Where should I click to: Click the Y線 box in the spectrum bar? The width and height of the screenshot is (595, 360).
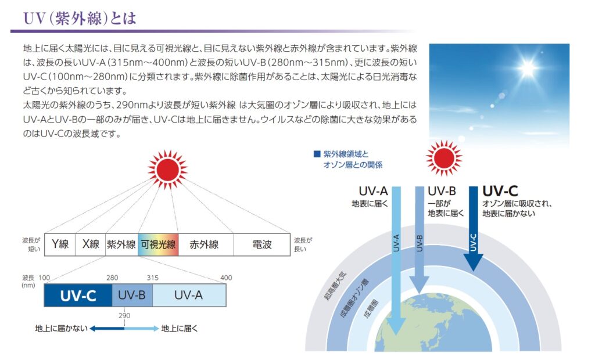(x=60, y=244)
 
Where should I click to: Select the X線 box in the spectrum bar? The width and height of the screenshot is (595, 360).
(x=90, y=244)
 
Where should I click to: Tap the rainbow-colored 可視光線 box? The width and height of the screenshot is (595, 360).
(x=158, y=244)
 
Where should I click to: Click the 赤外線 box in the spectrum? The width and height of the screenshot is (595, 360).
(x=206, y=244)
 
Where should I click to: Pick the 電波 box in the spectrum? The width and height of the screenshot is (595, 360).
(x=262, y=244)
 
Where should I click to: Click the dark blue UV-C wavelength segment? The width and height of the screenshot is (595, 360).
(x=78, y=295)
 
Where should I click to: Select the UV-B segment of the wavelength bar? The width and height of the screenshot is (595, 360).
(x=132, y=295)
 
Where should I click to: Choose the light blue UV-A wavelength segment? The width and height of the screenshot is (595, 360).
(x=189, y=295)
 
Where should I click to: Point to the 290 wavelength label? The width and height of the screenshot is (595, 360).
(x=124, y=316)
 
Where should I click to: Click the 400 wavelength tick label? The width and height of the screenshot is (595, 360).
(x=226, y=278)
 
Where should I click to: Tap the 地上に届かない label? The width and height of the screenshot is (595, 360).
(x=61, y=329)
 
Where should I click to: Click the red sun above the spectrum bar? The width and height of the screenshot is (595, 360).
(x=167, y=170)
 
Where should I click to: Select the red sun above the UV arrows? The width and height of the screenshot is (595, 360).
(x=443, y=158)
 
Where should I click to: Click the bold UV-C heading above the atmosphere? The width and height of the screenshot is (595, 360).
(x=500, y=191)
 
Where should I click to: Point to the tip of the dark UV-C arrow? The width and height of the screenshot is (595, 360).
(x=473, y=271)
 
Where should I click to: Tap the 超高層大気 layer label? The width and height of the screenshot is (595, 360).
(x=335, y=286)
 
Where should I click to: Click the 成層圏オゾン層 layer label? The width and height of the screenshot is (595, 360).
(x=354, y=298)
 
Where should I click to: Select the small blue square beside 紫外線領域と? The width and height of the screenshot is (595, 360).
(x=317, y=154)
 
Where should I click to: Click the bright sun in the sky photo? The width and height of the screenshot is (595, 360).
(x=528, y=68)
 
